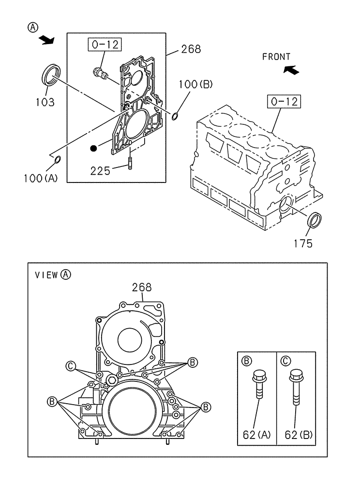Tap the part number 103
click(45, 102)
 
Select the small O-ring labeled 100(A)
click(57, 160)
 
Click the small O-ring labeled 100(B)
click(176, 116)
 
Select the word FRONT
click(276, 57)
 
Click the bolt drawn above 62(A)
click(259, 385)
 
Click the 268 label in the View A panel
click(142, 287)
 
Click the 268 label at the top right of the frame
click(191, 49)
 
